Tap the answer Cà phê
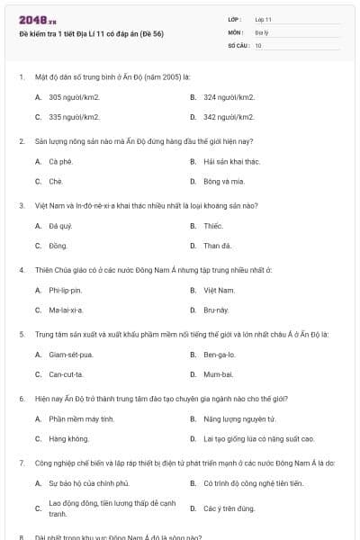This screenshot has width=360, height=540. [61, 161]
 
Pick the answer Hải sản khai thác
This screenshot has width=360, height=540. [231, 161]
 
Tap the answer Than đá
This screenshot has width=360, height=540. [217, 245]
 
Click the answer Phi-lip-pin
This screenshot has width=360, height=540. [66, 290]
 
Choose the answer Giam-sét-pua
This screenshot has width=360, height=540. [71, 354]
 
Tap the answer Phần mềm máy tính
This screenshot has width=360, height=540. [81, 418]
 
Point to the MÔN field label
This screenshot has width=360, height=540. [235, 31]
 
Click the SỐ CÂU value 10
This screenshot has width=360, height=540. [258, 44]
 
